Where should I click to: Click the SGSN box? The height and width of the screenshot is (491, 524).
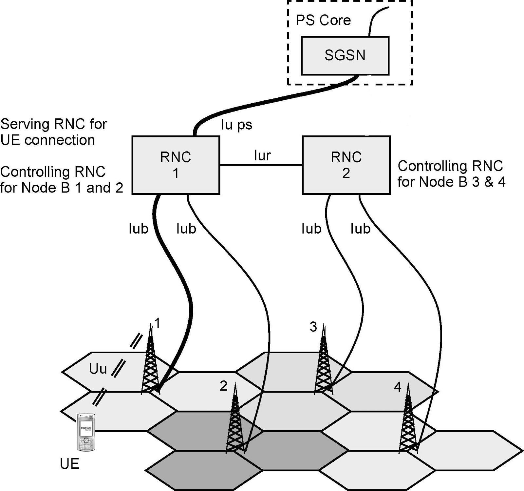tap(345, 55)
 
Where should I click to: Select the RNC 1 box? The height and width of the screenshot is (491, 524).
tap(176, 165)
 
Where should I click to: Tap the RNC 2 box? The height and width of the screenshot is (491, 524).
tap(346, 165)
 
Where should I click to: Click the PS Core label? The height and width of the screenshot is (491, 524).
tap(323, 20)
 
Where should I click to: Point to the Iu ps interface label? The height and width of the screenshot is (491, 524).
tap(236, 125)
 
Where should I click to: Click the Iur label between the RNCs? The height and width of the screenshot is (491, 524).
tap(262, 155)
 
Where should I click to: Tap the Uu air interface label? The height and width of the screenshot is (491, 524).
tap(98, 369)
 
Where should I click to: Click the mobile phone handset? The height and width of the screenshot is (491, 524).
tap(86, 432)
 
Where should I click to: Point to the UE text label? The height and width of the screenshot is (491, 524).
tap(69, 464)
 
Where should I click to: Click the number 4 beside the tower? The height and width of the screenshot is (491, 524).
tap(397, 387)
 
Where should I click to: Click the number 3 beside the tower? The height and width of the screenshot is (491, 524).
tap(313, 327)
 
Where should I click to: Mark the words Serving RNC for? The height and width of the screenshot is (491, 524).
tap(54, 124)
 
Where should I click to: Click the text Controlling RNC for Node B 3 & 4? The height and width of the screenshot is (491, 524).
tap(451, 174)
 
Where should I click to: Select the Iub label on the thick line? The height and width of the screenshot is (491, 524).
tap(138, 229)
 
